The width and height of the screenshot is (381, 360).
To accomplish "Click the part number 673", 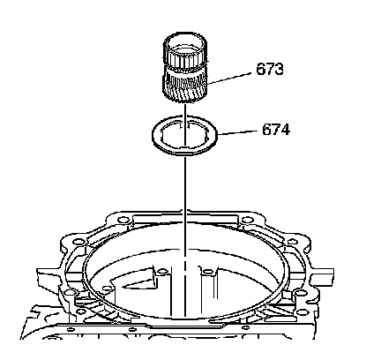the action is point(270,70).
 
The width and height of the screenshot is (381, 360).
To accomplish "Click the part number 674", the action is point(276,130).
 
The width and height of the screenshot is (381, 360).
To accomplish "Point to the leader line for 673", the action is point(228,79).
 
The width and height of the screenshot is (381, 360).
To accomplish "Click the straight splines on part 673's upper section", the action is point(185,60).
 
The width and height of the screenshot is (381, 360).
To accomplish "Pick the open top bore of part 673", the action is point(184,41).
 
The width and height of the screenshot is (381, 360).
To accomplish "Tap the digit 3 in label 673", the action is point(279,70).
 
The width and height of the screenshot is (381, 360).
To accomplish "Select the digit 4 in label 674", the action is point(285,130).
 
